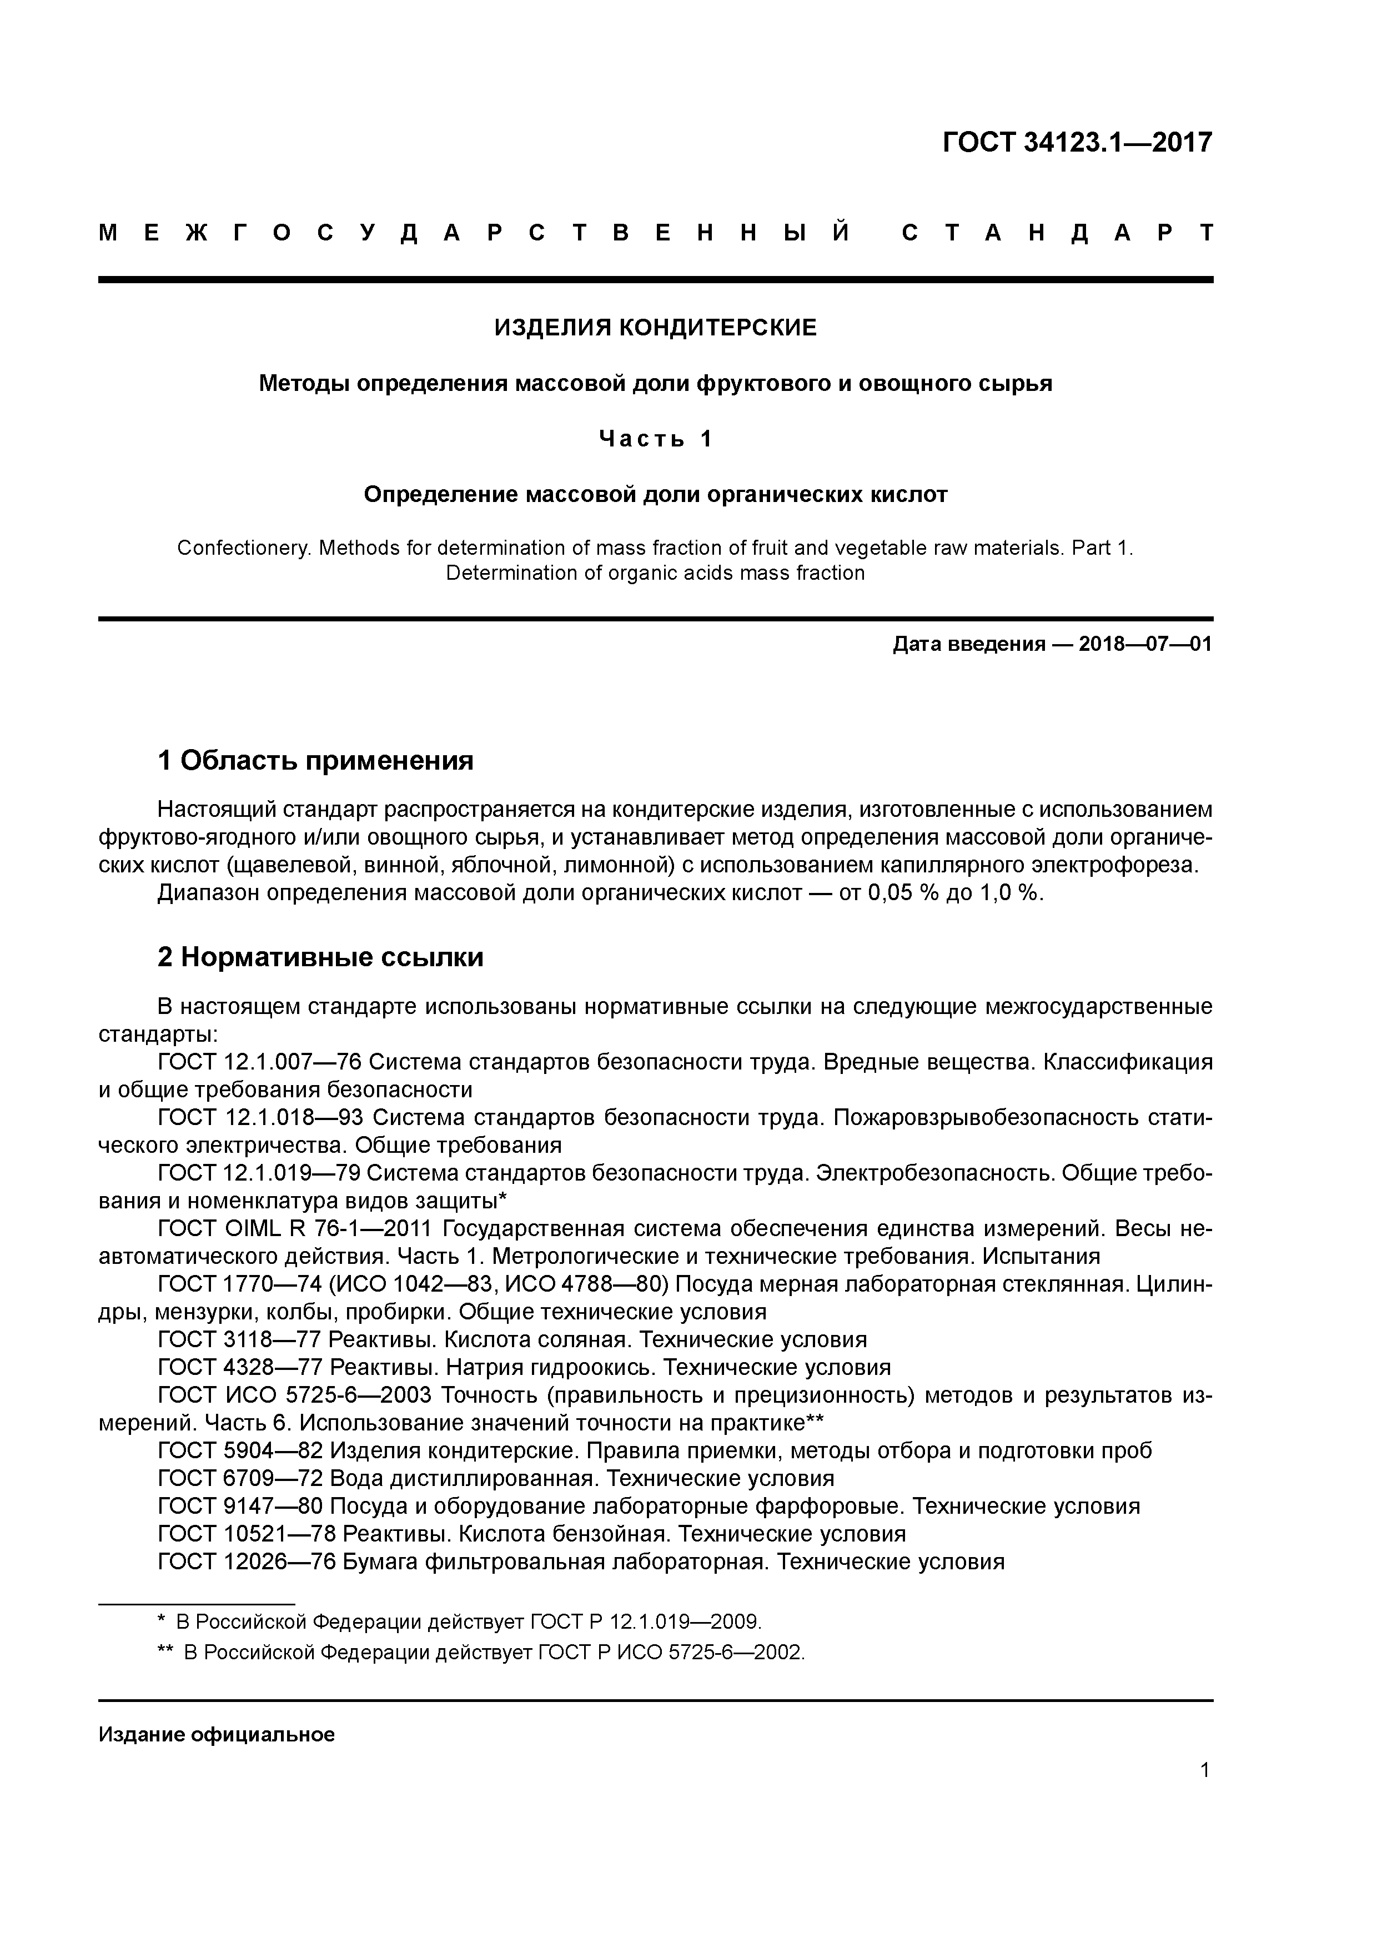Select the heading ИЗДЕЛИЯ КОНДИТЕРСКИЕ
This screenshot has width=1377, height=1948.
pos(655,328)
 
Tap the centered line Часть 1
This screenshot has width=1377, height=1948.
pos(655,439)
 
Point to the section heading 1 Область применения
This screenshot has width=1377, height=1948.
pos(315,760)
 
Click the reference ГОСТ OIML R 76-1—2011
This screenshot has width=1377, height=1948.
pos(296,1228)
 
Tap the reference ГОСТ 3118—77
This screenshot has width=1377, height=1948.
pos(239,1340)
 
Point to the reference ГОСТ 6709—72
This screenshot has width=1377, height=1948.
pos(240,1478)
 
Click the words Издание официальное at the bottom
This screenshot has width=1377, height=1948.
pos(217,1734)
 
